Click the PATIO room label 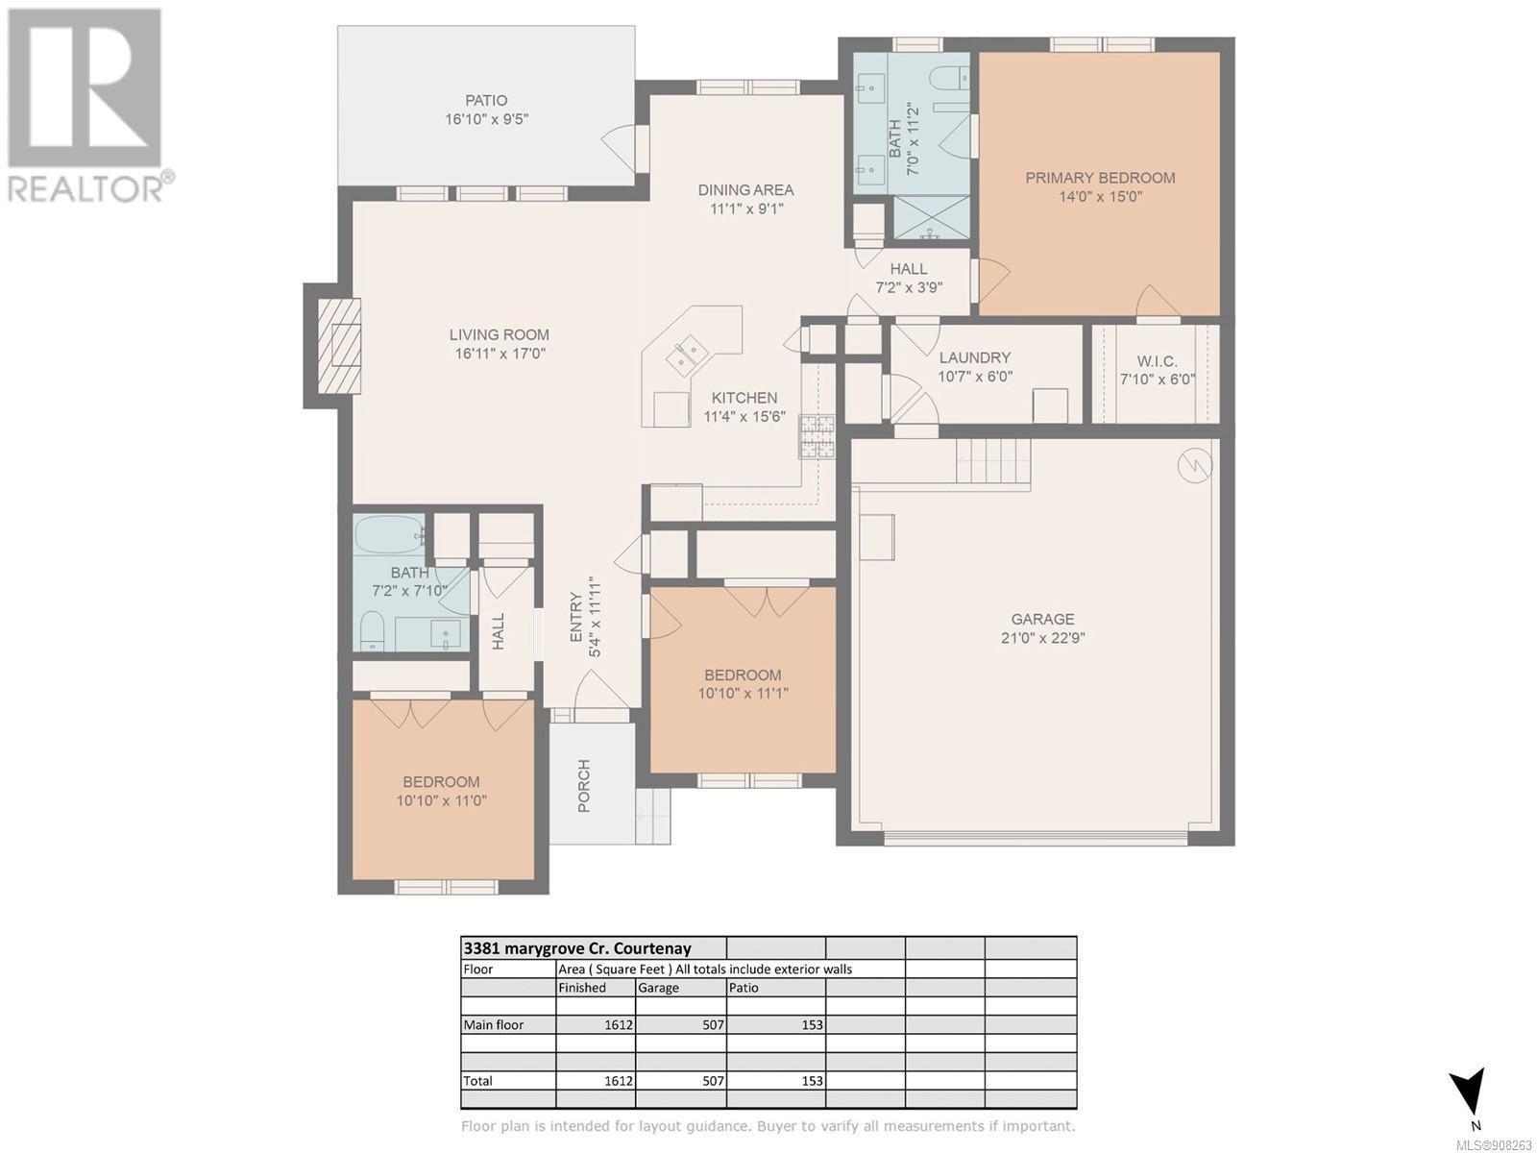pyautogui.click(x=486, y=101)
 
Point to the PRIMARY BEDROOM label pyautogui.click(x=1100, y=178)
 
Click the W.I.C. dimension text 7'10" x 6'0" pyautogui.click(x=1158, y=380)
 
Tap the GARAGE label pyautogui.click(x=1042, y=619)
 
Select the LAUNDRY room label pyautogui.click(x=975, y=357)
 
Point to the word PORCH pyautogui.click(x=584, y=785)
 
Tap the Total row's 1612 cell pyautogui.click(x=619, y=1081)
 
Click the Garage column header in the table pyautogui.click(x=658, y=988)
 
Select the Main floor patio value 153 pyautogui.click(x=812, y=1025)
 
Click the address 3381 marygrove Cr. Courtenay pyautogui.click(x=577, y=948)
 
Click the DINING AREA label pyautogui.click(x=745, y=189)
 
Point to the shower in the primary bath pyautogui.click(x=932, y=217)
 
